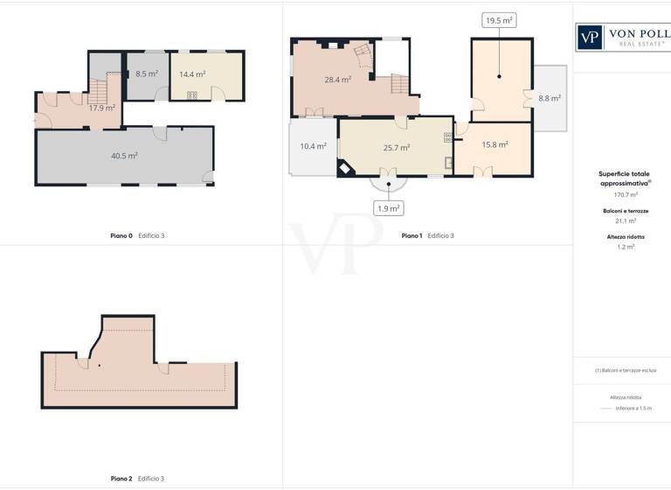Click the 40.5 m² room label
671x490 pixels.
coord(124,156)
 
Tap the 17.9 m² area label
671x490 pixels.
coord(102,108)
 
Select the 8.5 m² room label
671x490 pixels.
coord(147,74)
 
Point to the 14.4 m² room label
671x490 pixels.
coord(192,74)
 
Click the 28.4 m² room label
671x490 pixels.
coord(337,80)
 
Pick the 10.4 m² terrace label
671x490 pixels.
coord(313,147)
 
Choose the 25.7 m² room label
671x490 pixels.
coord(397,148)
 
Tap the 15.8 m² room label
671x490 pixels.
coord(495,145)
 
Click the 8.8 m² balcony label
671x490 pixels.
coord(550,99)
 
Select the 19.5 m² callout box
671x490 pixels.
coord(499,20)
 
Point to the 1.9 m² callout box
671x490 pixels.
coord(388,208)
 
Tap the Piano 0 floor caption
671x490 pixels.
coord(137,236)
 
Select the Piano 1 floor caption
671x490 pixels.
coord(427,236)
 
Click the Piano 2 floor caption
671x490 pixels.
coord(137,479)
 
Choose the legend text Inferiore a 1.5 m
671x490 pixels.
coord(633,409)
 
